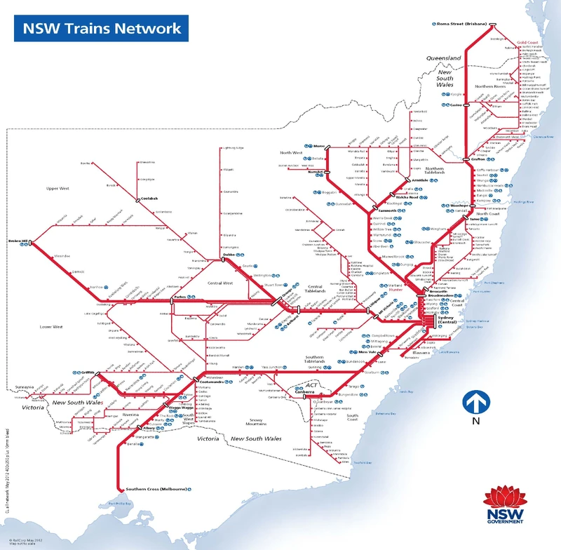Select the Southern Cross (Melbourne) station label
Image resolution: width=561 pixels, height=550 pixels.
click(x=156, y=488)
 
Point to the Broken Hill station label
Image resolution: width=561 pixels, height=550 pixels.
click(x=18, y=241)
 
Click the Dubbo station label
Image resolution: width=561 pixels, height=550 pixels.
click(x=208, y=255)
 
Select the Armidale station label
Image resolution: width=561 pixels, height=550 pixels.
click(x=419, y=180)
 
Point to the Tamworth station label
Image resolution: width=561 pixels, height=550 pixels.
click(x=387, y=210)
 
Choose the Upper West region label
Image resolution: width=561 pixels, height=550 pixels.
click(x=58, y=189)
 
